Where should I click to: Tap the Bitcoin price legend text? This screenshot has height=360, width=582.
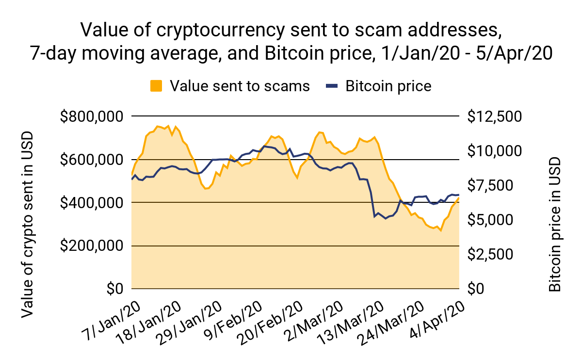coord(388,86)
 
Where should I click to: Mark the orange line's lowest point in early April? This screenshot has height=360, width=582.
coord(441,230)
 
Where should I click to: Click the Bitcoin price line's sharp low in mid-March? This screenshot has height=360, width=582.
coord(374,216)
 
